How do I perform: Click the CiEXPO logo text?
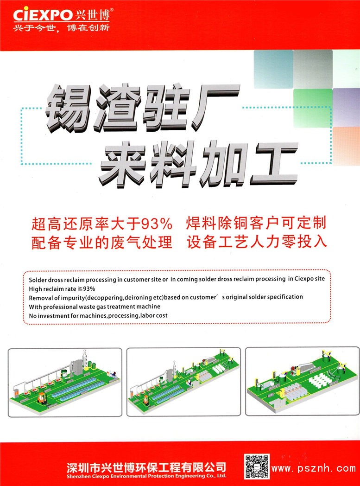(x=43, y=14)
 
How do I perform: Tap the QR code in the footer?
(x=256, y=467)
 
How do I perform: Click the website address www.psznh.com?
(x=314, y=468)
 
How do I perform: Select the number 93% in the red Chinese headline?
(x=156, y=224)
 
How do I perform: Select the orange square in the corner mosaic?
(x=346, y=146)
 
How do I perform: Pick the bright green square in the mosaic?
(x=313, y=108)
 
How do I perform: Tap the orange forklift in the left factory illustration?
(x=42, y=398)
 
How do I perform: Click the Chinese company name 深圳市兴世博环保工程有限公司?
(x=146, y=467)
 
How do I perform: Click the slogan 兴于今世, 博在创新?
(x=61, y=28)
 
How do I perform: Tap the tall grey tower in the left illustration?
(x=84, y=361)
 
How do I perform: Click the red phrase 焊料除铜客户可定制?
(x=256, y=223)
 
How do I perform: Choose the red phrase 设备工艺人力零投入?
(x=257, y=242)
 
